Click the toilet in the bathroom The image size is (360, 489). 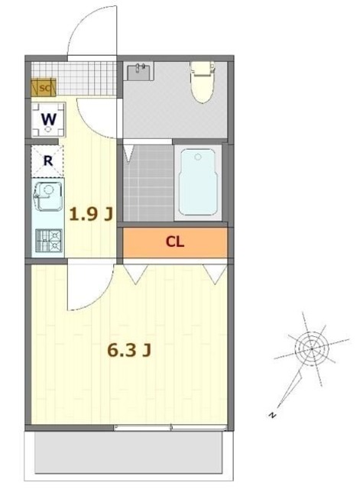[203, 82]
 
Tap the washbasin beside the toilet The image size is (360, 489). [139, 72]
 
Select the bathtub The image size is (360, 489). [198, 182]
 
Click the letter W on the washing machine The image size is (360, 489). [49, 119]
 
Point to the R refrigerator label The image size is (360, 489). [47, 161]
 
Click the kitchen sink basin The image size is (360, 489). [48, 196]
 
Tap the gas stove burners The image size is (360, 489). [49, 241]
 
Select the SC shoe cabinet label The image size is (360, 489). [44, 89]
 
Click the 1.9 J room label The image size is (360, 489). [90, 214]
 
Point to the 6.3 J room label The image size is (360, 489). [129, 350]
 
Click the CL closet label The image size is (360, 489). [175, 241]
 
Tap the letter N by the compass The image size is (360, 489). [273, 415]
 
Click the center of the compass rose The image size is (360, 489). [312, 348]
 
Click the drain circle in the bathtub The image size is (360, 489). [198, 157]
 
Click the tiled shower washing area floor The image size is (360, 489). [148, 183]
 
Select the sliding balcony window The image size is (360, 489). [170, 427]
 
